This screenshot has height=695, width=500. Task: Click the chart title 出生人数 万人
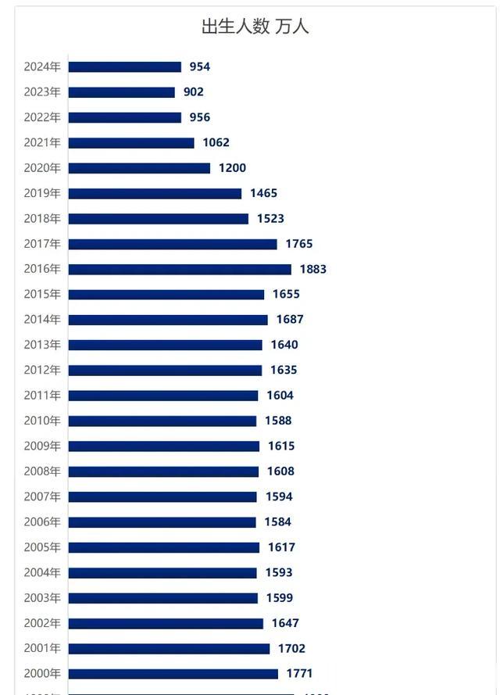coord(255,26)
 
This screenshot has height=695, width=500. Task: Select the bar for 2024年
coord(125,67)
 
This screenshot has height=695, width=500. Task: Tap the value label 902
coord(194,92)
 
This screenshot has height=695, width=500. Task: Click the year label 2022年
coord(42,117)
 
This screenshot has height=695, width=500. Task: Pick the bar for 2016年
coord(180,269)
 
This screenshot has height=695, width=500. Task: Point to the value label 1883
coord(312,269)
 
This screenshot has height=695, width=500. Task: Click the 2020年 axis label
coord(42,168)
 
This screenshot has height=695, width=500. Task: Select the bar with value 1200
coord(139,168)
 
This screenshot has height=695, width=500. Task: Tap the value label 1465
coord(264,193)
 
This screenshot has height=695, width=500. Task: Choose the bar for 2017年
coord(173,244)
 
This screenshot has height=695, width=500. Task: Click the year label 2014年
coord(42,320)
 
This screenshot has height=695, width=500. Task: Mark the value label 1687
coord(290,320)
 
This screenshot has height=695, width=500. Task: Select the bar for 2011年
coord(163,396)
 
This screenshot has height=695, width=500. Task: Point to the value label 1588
coord(278,421)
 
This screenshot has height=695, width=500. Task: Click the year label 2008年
coord(42,471)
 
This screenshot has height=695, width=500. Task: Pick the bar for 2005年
coord(164,547)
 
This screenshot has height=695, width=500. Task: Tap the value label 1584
coord(278,522)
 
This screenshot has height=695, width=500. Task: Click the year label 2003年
coord(42,598)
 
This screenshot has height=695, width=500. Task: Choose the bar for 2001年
coord(169,649)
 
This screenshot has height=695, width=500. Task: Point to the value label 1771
coord(299,674)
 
